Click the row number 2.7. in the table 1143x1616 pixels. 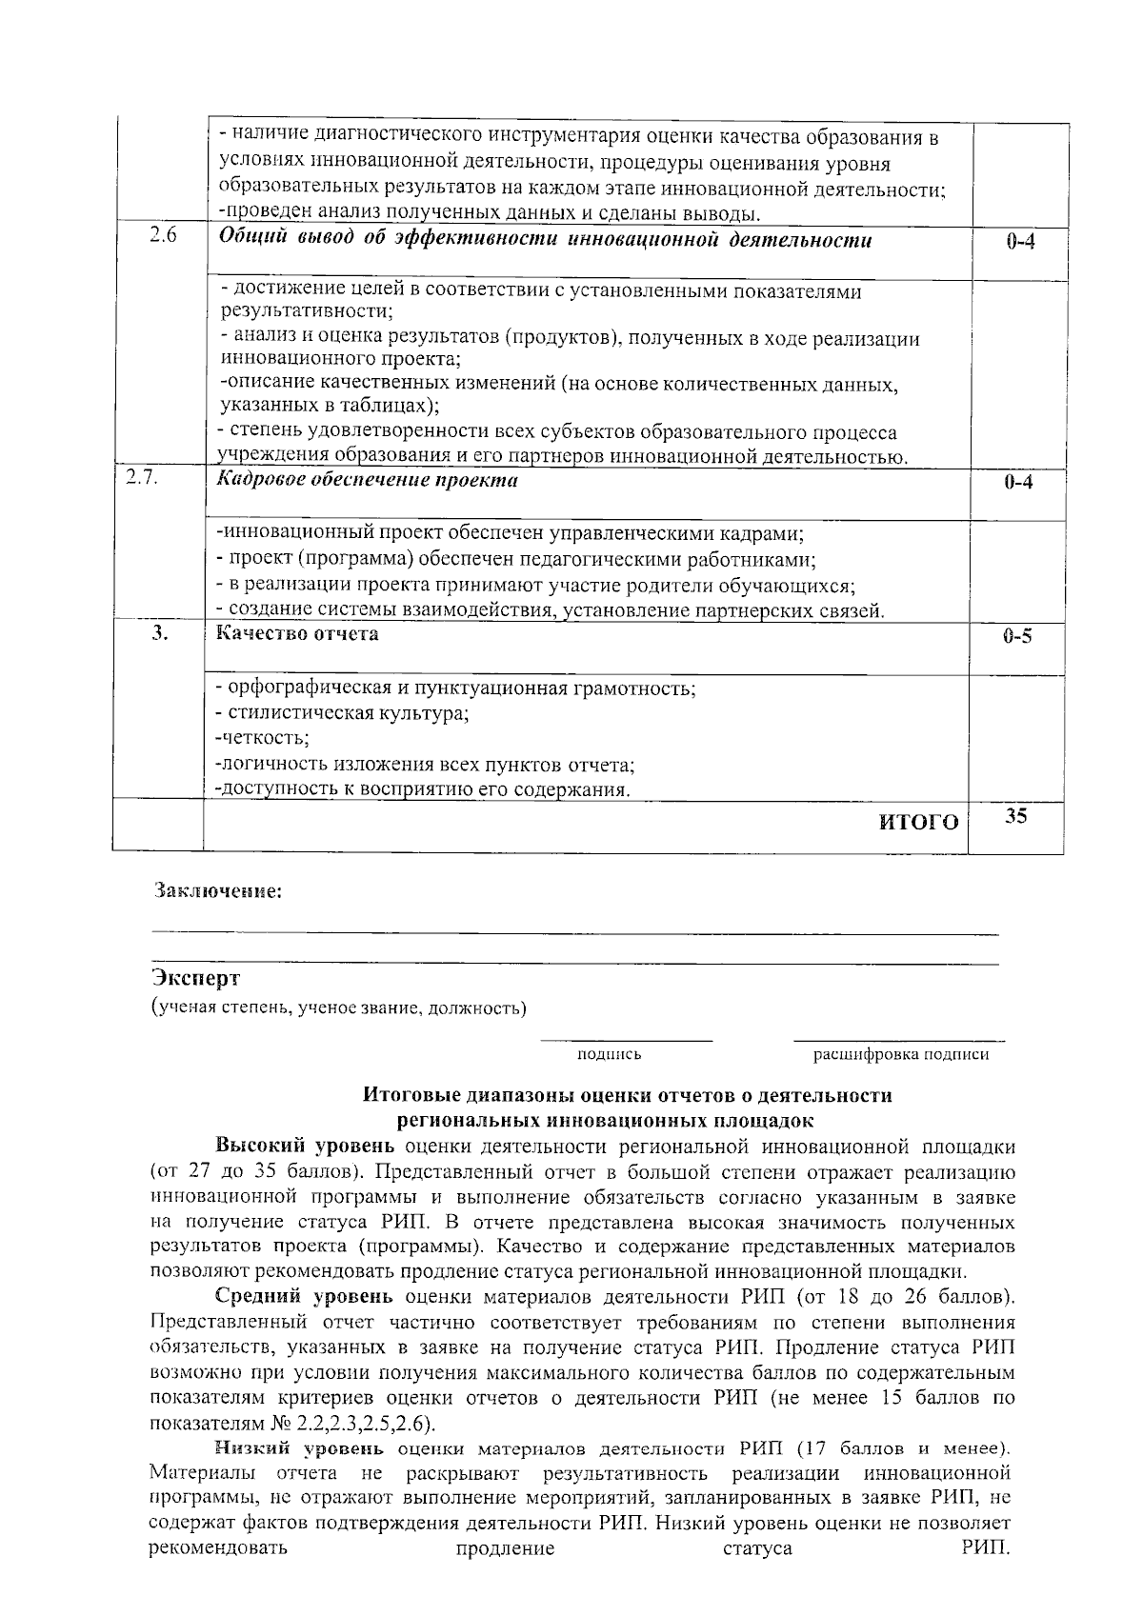click(x=142, y=478)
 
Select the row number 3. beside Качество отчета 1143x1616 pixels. click(x=160, y=633)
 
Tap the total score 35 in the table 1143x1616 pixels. click(x=1016, y=816)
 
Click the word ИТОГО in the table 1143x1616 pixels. click(x=918, y=823)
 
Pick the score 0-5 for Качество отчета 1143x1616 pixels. click(x=1017, y=636)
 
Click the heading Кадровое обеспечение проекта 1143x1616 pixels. click(x=367, y=480)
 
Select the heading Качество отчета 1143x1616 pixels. click(x=297, y=633)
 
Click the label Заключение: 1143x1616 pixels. click(x=218, y=892)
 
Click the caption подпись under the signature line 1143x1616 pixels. click(x=609, y=1054)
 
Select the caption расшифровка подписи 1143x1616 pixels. click(x=900, y=1054)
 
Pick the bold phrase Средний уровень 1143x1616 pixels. click(x=303, y=1296)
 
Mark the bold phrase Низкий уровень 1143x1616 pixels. click(x=299, y=1448)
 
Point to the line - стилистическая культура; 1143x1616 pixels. click(x=342, y=713)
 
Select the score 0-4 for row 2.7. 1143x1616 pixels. click(x=1017, y=483)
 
